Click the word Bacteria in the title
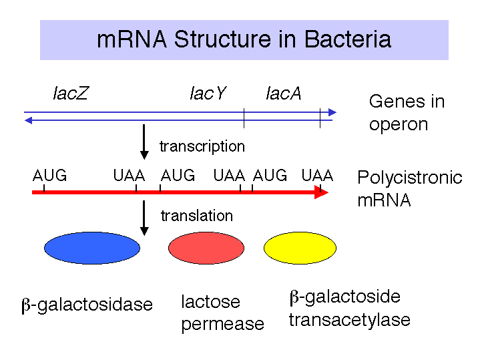[348, 39]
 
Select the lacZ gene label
[71, 93]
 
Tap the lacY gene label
[208, 93]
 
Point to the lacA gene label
[284, 93]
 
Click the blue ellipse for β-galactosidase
[92, 248]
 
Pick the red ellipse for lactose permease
[206, 248]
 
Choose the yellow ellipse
[300, 248]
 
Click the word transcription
[202, 146]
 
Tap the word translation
[197, 216]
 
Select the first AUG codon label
[49, 176]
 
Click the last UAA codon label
[317, 176]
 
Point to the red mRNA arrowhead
[321, 192]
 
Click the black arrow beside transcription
[144, 142]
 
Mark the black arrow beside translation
[144, 218]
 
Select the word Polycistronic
[410, 178]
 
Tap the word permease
[222, 325]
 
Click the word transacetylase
[350, 320]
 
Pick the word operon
[399, 125]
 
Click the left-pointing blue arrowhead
[28, 120]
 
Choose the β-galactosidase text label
[87, 305]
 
